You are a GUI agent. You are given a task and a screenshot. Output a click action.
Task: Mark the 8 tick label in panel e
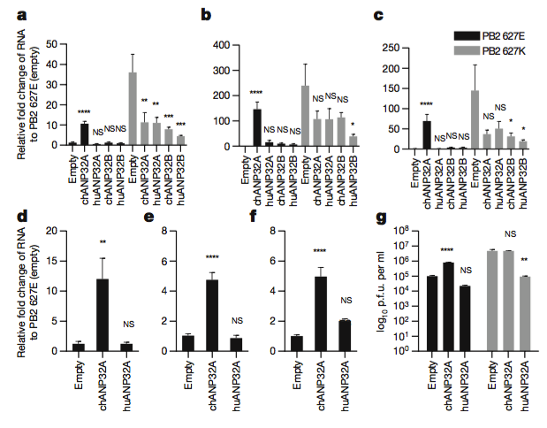coord(168,231)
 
